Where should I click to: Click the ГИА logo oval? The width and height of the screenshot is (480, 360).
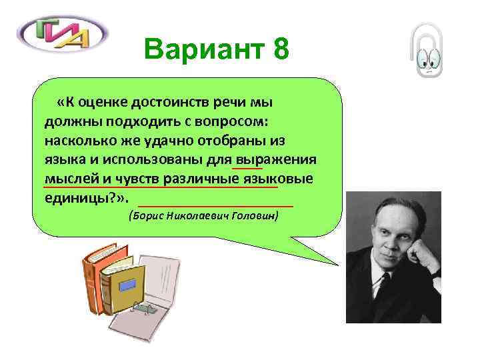63,33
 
